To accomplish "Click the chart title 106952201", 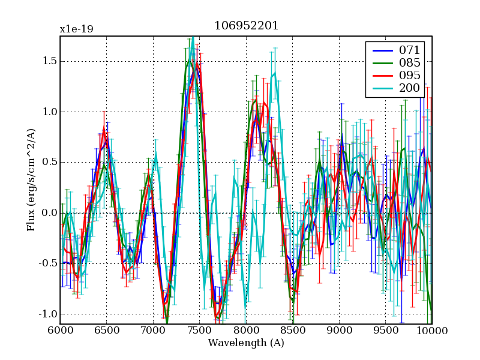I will pos(246,26).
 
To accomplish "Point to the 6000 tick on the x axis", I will pos(60,331).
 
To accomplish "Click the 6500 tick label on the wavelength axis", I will pos(106,331).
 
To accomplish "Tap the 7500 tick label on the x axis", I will pos(199,331).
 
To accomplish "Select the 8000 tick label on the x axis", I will pos(246,331).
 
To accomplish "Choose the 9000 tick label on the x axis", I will pos(339,331).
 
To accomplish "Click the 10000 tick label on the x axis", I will pos(432,331).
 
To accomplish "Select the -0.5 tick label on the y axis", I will pos(47,263).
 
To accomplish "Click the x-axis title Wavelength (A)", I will pos(246,343).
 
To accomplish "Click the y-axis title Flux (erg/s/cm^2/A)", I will pos(31,180).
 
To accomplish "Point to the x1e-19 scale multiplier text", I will pos(76,29).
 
